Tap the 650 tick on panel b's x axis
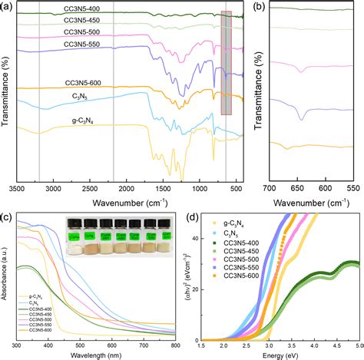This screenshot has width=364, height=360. (297, 187)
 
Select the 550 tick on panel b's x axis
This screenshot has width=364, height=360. (352, 187)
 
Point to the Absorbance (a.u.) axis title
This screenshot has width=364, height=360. (5, 276)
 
